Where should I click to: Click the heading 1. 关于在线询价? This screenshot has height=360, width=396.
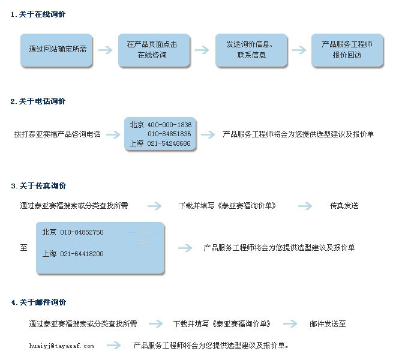pyautogui.click(x=38, y=14)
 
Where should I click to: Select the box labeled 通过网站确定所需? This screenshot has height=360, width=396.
pyautogui.click(x=56, y=50)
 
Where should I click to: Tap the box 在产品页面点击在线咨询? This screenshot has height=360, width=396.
pyautogui.click(x=154, y=50)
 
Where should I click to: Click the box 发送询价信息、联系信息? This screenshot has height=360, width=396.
pyautogui.click(x=251, y=50)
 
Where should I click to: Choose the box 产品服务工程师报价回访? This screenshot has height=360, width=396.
pyautogui.click(x=347, y=50)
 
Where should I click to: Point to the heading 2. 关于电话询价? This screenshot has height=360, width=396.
pyautogui.click(x=38, y=101)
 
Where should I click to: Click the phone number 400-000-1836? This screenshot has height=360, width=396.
pyautogui.click(x=169, y=125)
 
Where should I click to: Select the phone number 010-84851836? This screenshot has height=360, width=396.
pyautogui.click(x=169, y=134)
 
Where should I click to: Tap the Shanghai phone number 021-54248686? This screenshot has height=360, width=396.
pyautogui.click(x=169, y=143)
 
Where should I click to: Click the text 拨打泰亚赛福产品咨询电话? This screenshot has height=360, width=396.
pyautogui.click(x=58, y=134)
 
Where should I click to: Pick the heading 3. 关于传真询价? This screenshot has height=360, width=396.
pyautogui.click(x=38, y=186)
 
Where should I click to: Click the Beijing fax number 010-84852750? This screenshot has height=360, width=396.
pyautogui.click(x=82, y=232)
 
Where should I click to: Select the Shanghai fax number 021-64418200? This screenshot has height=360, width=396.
pyautogui.click(x=82, y=254)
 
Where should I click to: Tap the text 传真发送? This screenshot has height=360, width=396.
pyautogui.click(x=344, y=206)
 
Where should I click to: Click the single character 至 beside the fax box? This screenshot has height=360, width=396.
pyautogui.click(x=24, y=247)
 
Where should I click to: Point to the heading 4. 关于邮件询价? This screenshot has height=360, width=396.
pyautogui.click(x=38, y=302)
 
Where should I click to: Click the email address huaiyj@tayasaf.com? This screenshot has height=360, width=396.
pyautogui.click(x=61, y=346)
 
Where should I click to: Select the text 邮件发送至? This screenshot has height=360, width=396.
pyautogui.click(x=328, y=323)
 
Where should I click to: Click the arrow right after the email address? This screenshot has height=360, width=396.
pyautogui.click(x=113, y=346)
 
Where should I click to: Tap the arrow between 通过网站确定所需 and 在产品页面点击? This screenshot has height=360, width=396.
pyautogui.click(x=106, y=50)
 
